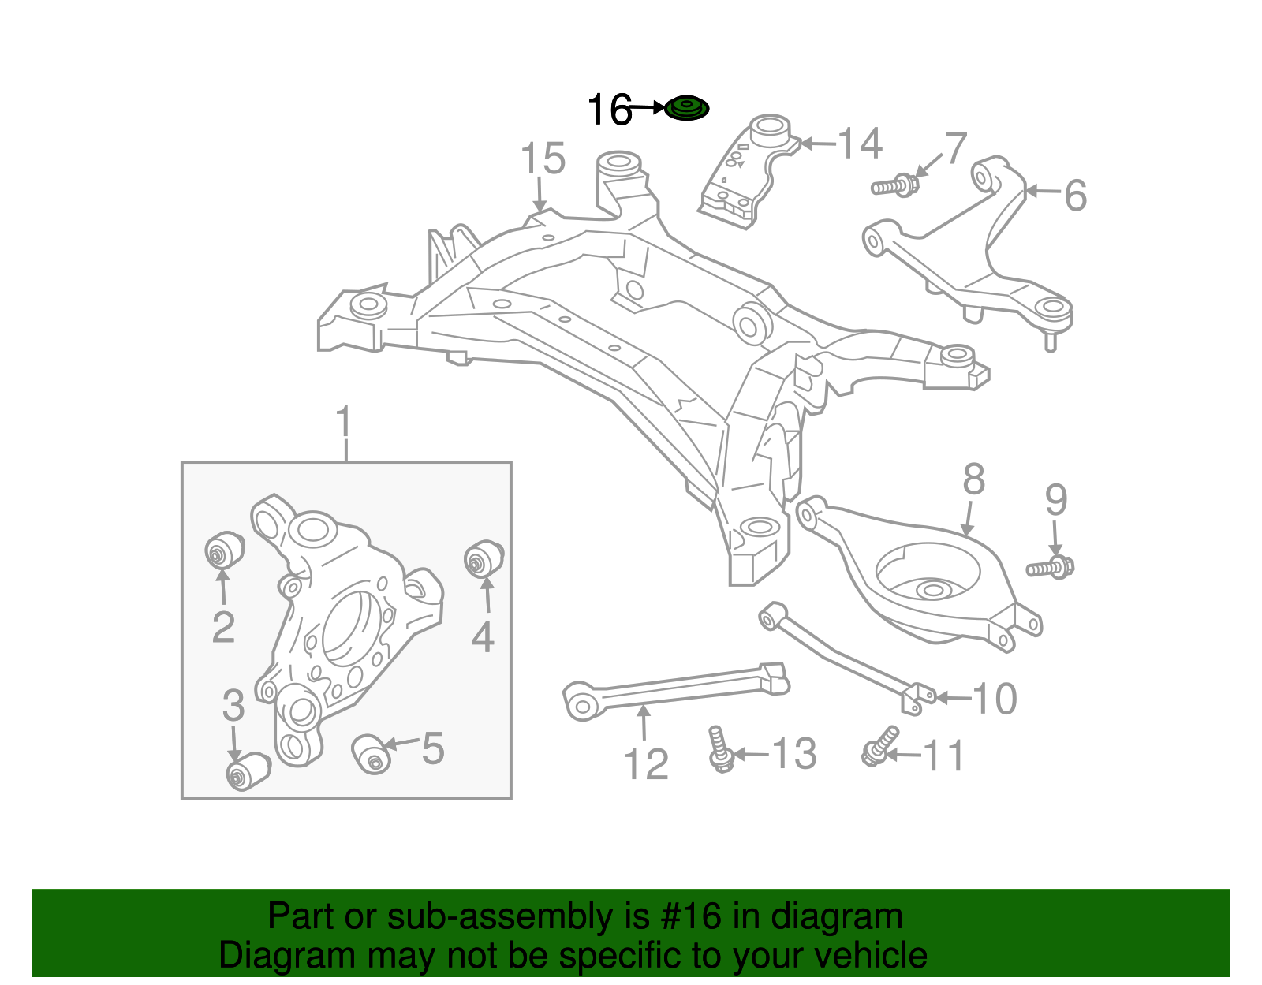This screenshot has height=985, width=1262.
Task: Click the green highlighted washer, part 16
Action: tap(686, 108)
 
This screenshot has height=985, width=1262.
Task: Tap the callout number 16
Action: tap(610, 110)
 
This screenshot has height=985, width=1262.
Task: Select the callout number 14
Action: tap(859, 144)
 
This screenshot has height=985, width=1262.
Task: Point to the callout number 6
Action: tap(1075, 195)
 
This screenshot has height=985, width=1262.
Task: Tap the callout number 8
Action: tap(974, 479)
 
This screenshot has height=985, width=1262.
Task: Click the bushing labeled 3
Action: tap(247, 770)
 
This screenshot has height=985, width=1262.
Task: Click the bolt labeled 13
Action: tap(719, 749)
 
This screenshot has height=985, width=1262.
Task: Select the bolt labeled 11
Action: tap(879, 746)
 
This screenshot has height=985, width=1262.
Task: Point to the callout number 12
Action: tap(646, 763)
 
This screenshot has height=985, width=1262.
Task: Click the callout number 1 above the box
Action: tap(344, 423)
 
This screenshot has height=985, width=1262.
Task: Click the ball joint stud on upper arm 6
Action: tap(1051, 339)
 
